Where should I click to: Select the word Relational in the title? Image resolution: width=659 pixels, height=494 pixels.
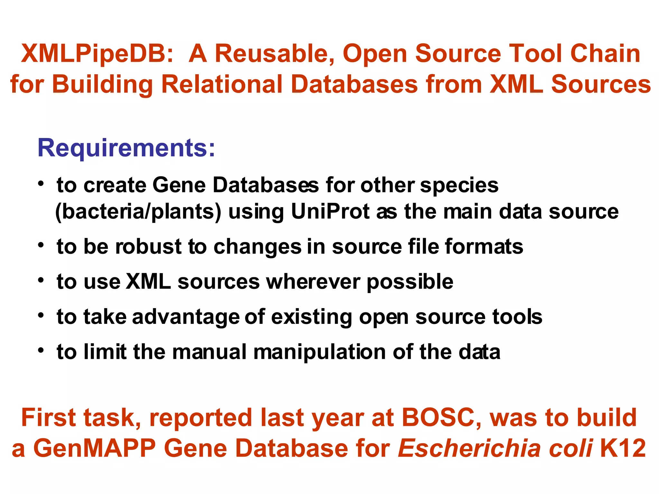(x=222, y=84)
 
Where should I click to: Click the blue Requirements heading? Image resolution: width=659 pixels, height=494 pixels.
(x=126, y=148)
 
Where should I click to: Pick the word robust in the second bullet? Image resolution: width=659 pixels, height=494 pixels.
(x=148, y=247)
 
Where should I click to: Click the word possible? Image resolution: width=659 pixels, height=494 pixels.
(x=410, y=282)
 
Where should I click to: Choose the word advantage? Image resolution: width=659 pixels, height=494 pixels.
(x=186, y=317)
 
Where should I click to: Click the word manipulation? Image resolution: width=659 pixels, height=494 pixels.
(x=320, y=352)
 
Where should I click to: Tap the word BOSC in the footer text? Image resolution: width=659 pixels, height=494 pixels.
(x=441, y=417)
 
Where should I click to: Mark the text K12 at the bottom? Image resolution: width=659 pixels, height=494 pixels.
(x=623, y=448)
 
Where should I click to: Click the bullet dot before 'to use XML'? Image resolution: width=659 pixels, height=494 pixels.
(x=41, y=280)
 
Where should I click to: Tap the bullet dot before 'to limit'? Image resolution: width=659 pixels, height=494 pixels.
(x=41, y=351)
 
